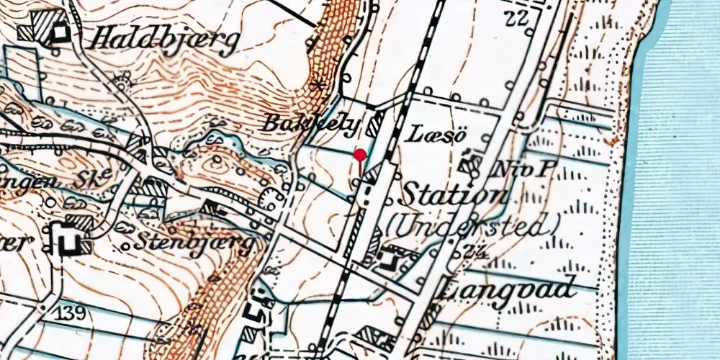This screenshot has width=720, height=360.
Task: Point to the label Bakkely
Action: (310, 123)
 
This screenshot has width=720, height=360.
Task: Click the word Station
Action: (453, 194)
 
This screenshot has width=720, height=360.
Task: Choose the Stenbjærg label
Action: (196, 243)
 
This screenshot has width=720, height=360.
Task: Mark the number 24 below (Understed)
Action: (474, 251)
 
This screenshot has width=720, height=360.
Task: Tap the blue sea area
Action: (677, 180)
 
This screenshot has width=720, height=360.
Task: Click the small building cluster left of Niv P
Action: (472, 164)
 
